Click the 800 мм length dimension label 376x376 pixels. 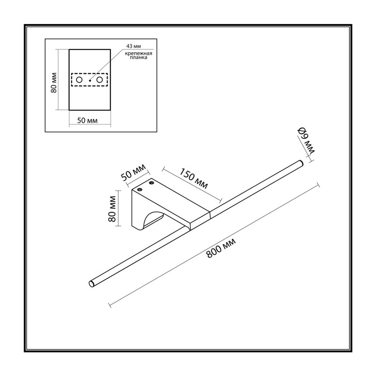[221, 248]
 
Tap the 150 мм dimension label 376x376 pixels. [194, 179]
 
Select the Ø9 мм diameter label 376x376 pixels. [306, 141]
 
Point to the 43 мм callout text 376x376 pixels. [133, 46]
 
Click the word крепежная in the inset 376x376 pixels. [139, 53]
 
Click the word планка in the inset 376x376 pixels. [139, 57]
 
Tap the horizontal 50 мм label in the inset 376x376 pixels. [87, 120]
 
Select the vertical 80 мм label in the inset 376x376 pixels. [54, 83]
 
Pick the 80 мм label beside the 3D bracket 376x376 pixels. [112, 209]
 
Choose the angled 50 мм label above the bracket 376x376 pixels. [133, 172]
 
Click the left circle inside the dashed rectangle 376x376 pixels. [79, 80]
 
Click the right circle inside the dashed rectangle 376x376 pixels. [100, 80]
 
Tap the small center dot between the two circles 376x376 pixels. [90, 80]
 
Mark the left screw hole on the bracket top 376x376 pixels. [139, 189]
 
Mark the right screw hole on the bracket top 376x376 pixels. [151, 183]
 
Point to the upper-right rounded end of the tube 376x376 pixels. [301, 163]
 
